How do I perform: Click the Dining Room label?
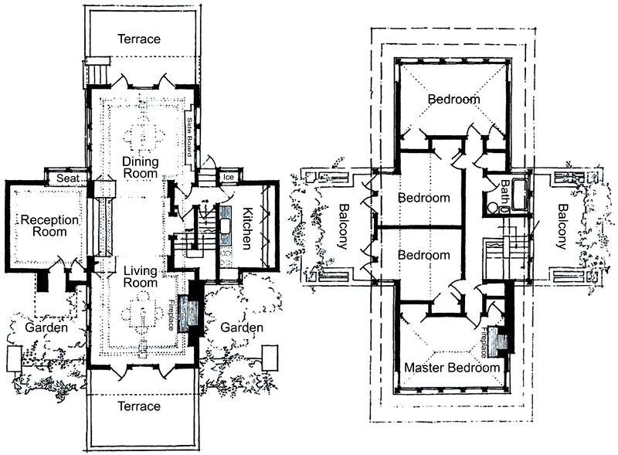pyautogui.click(x=139, y=168)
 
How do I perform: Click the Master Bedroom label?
pyautogui.click(x=453, y=368)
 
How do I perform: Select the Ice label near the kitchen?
pyautogui.click(x=228, y=178)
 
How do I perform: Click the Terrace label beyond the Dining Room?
pyautogui.click(x=139, y=39)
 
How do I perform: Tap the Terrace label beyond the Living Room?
pyautogui.click(x=139, y=406)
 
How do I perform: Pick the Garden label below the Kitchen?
pyautogui.click(x=242, y=328)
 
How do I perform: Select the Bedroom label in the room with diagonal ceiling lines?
pyautogui.click(x=454, y=99)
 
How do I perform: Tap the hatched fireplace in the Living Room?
pyautogui.click(x=188, y=314)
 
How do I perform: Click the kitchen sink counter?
pyautogui.click(x=226, y=225)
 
